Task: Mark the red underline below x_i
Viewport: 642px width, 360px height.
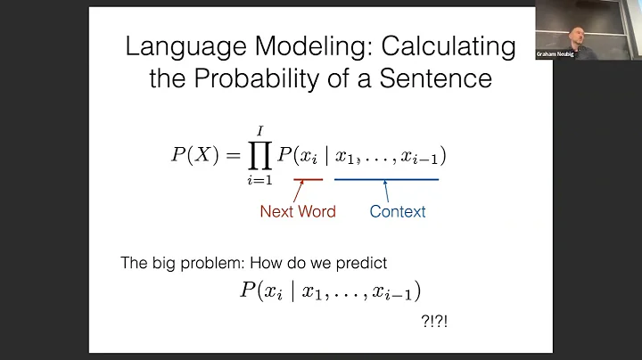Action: point(309,179)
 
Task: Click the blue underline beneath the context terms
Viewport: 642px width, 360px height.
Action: point(386,179)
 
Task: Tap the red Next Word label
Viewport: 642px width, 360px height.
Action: point(298,212)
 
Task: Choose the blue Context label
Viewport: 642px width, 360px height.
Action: point(398,212)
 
